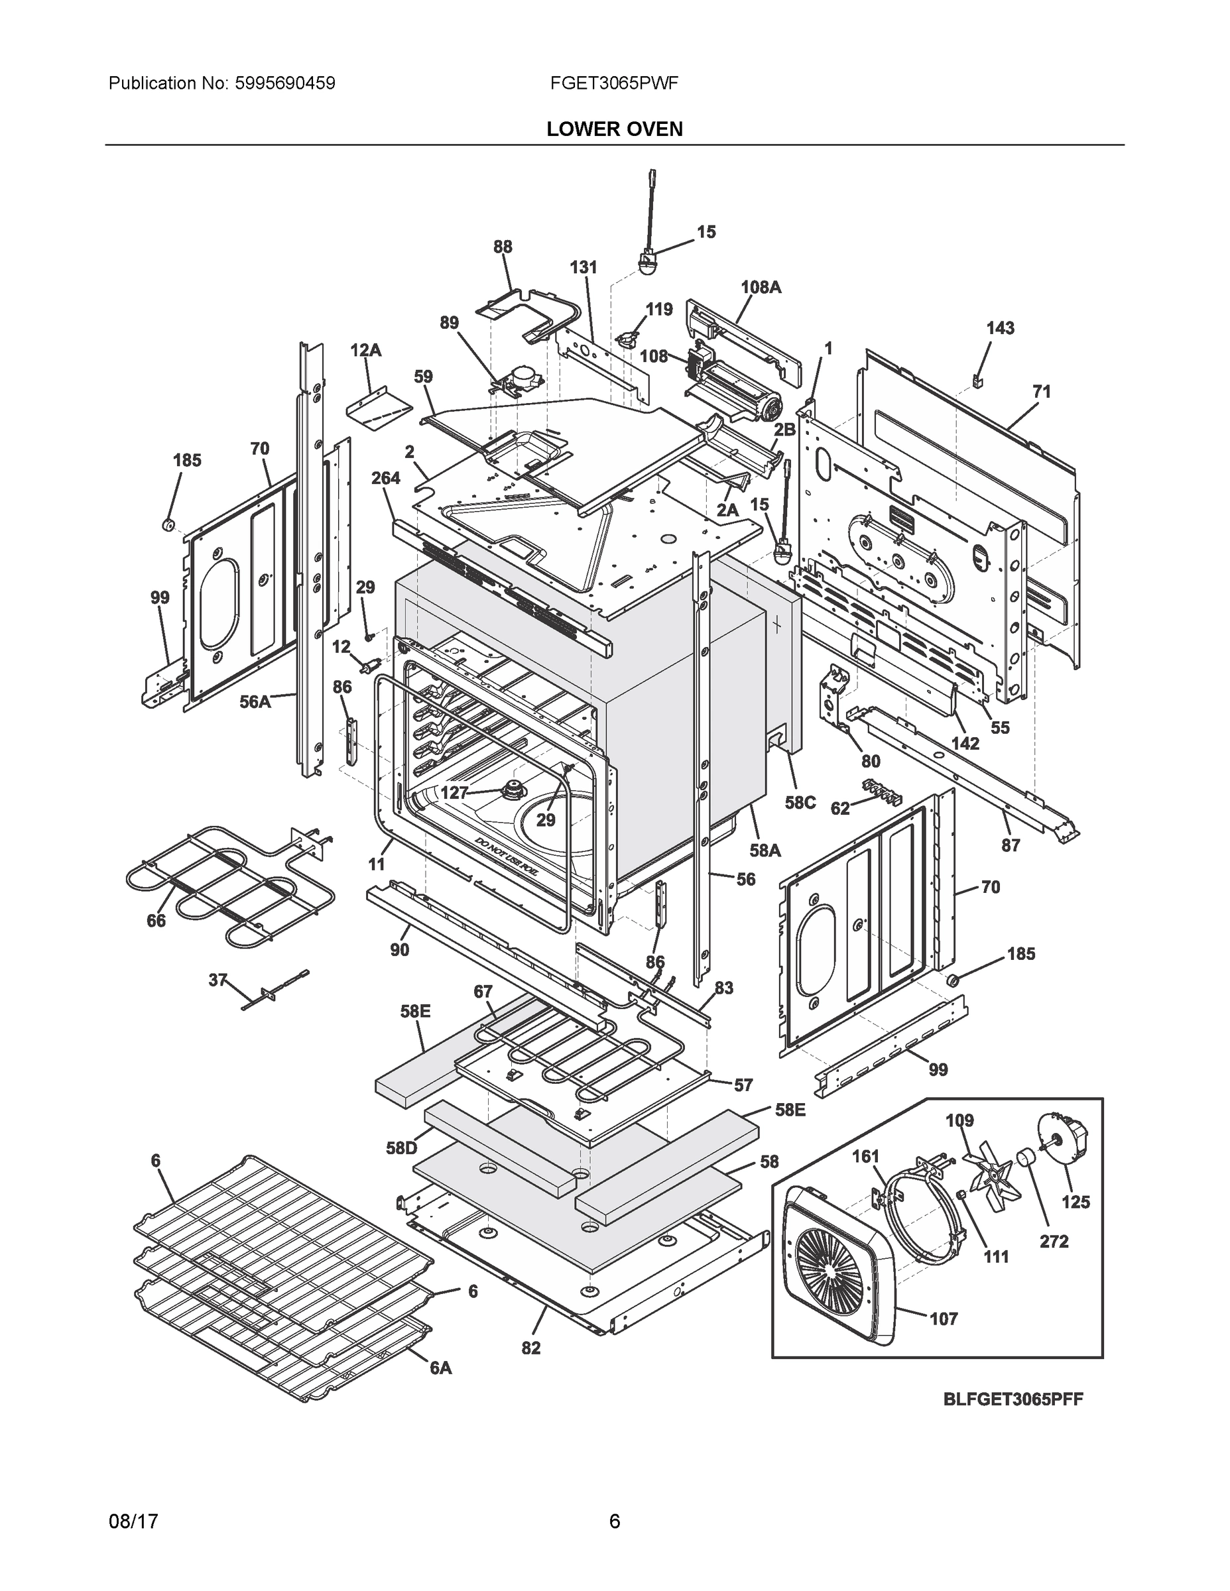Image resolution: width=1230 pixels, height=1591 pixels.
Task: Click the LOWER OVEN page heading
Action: point(614,129)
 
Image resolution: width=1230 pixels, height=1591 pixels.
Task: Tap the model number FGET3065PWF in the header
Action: point(614,83)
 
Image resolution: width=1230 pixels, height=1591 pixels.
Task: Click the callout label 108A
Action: point(761,287)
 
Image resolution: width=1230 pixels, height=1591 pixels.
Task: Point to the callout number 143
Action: point(1000,328)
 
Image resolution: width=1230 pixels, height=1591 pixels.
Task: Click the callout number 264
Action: point(385,478)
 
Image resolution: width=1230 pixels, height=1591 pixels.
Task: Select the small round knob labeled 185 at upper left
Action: point(168,524)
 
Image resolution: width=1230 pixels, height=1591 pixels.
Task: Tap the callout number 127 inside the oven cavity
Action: point(454,792)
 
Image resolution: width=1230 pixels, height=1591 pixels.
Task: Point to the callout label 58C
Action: point(800,802)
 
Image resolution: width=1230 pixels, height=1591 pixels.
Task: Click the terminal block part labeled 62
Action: point(883,789)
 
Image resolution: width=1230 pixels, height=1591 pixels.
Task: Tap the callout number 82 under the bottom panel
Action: point(530,1348)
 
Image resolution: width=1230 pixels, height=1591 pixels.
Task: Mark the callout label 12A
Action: point(365,351)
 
